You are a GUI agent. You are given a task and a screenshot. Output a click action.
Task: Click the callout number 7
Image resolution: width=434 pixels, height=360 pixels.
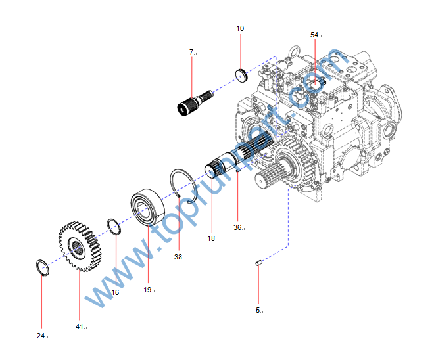pos(192,51)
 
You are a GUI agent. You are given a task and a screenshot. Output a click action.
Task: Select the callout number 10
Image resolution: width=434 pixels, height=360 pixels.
pos(241,28)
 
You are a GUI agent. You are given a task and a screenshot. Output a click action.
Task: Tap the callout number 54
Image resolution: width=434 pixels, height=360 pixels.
pos(315,34)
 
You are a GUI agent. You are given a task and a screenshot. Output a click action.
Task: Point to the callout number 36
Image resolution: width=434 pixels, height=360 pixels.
pos(238,227)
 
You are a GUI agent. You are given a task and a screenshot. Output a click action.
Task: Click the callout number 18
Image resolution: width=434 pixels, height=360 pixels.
pos(212,238)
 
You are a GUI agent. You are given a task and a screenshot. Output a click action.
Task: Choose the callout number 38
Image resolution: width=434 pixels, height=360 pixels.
pos(179,257)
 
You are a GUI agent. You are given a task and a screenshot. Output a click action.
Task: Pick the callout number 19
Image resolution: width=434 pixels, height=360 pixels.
pos(148,289)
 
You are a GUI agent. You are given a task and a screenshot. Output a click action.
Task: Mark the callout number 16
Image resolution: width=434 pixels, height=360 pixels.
pos(115,292)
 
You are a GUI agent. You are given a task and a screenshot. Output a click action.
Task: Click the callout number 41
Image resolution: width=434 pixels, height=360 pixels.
pos(80,326)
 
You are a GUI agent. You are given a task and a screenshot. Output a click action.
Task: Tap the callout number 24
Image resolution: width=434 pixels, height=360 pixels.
pos(41,336)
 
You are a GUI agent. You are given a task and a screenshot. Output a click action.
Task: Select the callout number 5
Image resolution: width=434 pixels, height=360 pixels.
pos(259,309)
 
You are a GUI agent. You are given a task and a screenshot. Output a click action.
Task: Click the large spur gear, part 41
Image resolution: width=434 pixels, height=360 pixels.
pos(80,246)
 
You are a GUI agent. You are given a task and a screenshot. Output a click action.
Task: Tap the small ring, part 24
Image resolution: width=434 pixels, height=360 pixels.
pos(41,268)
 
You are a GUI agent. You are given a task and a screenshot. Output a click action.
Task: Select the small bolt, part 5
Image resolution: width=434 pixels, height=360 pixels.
pos(258,263)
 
